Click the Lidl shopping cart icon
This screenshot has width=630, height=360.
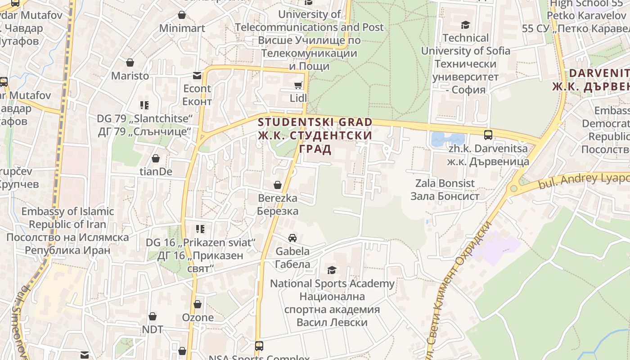click(298, 85)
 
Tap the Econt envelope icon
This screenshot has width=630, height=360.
click(197, 75)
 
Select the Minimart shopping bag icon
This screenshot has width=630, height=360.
click(182, 15)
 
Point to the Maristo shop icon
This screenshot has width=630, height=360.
click(130, 62)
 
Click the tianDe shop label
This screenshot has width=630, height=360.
click(156, 171)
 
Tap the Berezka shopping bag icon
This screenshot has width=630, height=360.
click(278, 185)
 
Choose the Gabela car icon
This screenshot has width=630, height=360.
click(292, 238)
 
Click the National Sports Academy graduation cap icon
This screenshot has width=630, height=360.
click(332, 270)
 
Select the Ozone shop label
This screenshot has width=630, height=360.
click(198, 317)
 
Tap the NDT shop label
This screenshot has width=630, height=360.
click(153, 329)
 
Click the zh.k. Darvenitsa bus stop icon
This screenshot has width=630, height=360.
click(488, 135)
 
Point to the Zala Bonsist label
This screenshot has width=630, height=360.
click(445, 189)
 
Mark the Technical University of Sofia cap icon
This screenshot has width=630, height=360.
click(465, 25)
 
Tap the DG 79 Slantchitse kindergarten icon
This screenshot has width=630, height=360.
click(144, 105)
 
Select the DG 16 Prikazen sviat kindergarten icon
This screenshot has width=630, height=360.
click(200, 229)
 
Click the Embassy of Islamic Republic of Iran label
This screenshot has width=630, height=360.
click(67, 231)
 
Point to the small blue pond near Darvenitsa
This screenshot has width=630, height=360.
click(446, 139)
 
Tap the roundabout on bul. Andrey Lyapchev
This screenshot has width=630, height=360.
click(513, 189)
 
